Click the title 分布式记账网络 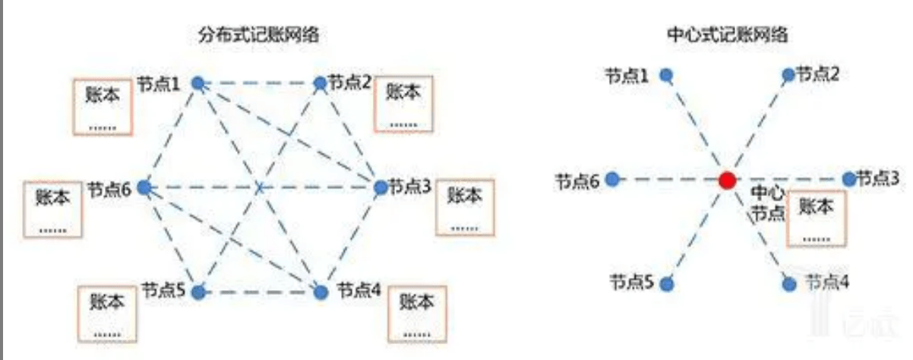259,35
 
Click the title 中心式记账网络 728,35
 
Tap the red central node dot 727,180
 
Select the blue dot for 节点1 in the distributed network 198,84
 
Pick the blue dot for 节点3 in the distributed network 381,188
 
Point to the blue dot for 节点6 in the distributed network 144,188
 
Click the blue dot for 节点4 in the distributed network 321,292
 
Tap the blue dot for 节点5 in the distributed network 198,292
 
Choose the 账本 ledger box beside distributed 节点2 403,104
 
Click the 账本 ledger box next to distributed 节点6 52,210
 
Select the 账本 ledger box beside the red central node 817,219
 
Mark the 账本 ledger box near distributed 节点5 107,314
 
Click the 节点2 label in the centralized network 817,74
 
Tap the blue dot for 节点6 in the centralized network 612,179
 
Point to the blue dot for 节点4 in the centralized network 789,284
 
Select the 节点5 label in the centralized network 631,282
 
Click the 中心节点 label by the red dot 768,203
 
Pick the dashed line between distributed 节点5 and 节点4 260,292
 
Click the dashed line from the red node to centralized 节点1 697,128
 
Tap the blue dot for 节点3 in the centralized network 849,178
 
